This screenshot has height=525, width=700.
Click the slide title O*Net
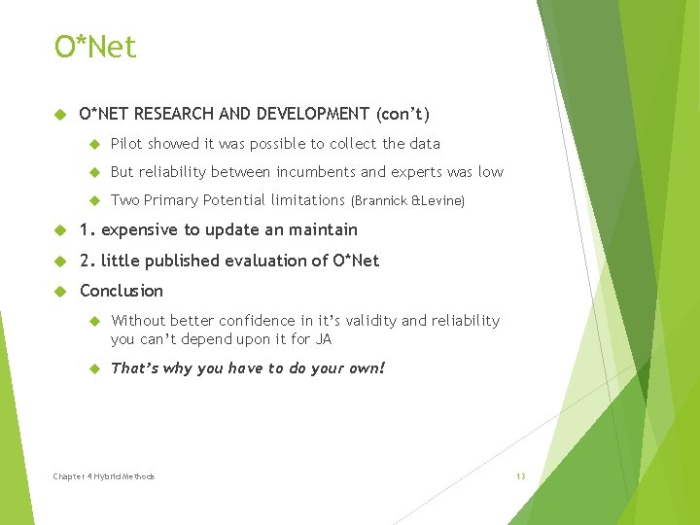point(95,47)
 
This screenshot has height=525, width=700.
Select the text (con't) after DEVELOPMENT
point(402,114)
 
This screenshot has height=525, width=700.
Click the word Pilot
point(126,144)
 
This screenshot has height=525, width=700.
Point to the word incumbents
point(316,172)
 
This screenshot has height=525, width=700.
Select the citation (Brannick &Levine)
point(407,201)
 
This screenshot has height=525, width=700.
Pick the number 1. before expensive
point(87,230)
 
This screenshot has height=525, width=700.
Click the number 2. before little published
point(87,261)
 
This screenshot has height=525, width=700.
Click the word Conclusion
point(122,291)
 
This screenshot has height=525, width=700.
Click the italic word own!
point(367,368)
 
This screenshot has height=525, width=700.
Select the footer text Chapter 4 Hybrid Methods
point(104,476)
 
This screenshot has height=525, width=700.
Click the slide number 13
point(520,476)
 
